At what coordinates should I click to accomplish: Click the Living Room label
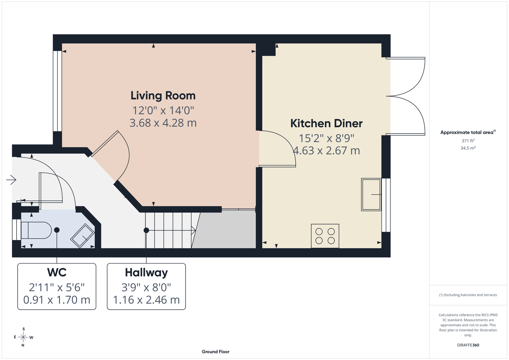click(x=163, y=96)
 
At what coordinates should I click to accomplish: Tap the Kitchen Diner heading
click(x=326, y=123)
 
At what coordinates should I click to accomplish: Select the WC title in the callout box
click(x=57, y=272)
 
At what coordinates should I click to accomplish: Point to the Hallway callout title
click(x=146, y=273)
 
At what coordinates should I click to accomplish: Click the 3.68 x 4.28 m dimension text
click(x=163, y=123)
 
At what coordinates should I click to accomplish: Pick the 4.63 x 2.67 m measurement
click(x=326, y=150)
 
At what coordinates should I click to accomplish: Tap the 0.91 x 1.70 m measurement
click(x=57, y=300)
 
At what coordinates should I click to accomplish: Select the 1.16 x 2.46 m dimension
click(x=146, y=300)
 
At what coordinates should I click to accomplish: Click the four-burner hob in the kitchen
click(x=325, y=236)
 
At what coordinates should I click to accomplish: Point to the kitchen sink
click(x=371, y=195)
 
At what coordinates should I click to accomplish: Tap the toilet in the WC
click(x=36, y=230)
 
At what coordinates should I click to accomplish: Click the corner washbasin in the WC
click(x=82, y=235)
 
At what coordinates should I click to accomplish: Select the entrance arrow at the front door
click(x=11, y=180)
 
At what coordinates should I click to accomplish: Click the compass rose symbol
click(x=23, y=337)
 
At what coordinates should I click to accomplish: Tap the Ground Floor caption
click(x=216, y=352)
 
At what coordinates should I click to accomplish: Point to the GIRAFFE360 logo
click(x=468, y=345)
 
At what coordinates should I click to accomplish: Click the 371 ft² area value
click(x=468, y=141)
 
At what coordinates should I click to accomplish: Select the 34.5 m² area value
click(x=468, y=148)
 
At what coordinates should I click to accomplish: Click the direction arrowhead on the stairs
click(x=193, y=230)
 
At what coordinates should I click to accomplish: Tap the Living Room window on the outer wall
click(x=58, y=91)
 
